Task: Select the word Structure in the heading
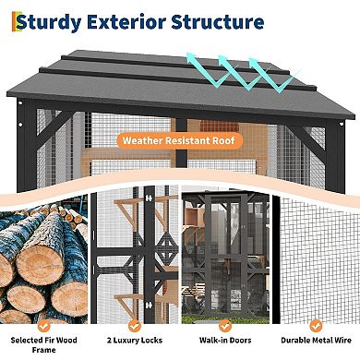click(226, 21)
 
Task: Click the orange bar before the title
click(10, 22)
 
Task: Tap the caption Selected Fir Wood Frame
click(45, 346)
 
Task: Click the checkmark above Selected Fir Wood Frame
click(45, 325)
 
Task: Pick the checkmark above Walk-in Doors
click(224, 325)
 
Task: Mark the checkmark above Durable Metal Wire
click(314, 325)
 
